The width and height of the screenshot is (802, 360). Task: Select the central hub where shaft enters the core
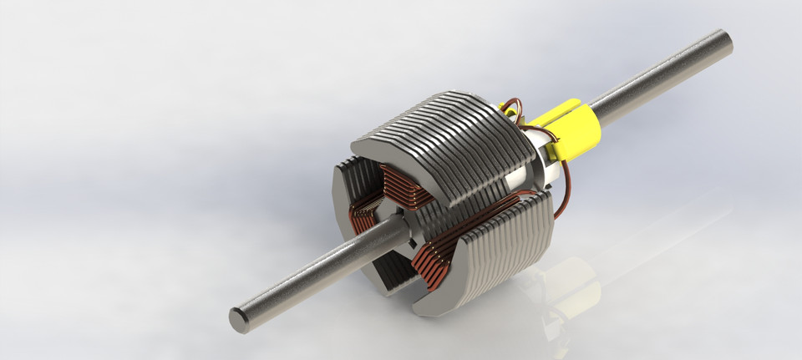[399, 230]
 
